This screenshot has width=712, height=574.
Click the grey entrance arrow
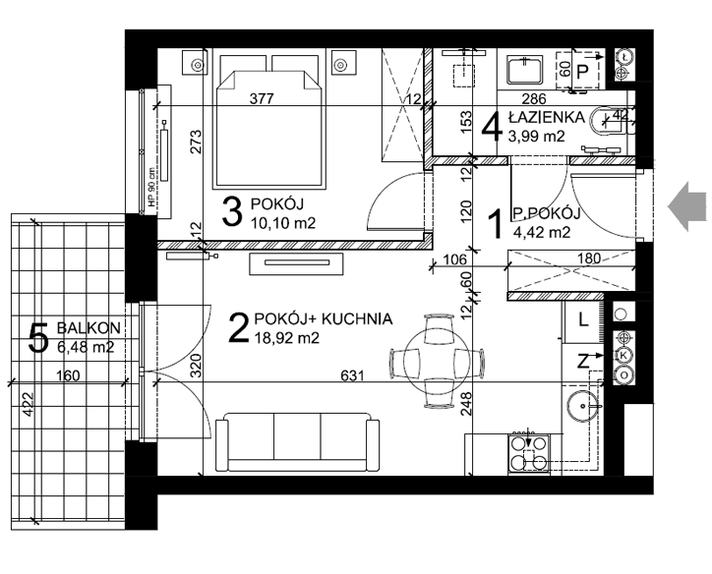(686, 206)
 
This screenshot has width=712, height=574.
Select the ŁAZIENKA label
(546, 118)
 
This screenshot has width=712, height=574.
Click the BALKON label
(89, 327)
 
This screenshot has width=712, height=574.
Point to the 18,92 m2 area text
(286, 338)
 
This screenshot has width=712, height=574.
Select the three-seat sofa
(297, 442)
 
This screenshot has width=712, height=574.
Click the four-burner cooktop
(529, 453)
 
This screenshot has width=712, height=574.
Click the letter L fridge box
(583, 321)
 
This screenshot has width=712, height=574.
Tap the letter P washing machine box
(582, 71)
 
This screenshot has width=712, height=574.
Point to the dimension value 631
(352, 375)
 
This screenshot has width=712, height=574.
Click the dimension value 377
(262, 98)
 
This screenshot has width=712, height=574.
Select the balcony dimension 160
(68, 375)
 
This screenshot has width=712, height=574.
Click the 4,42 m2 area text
(542, 232)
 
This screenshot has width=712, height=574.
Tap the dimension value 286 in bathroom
(534, 98)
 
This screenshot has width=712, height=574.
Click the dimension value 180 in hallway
(589, 258)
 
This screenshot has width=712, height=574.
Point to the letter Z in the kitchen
(583, 362)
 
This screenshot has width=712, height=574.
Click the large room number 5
(38, 337)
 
